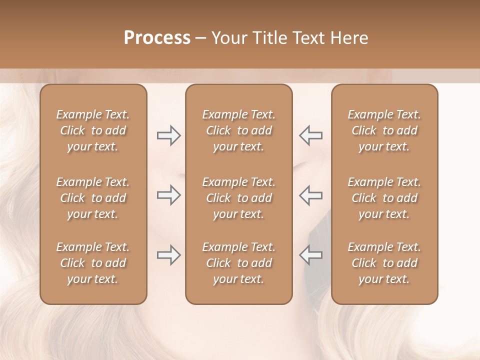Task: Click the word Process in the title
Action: point(157,38)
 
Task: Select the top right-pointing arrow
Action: point(168,135)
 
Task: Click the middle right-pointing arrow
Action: point(168,195)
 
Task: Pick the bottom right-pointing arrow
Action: point(168,255)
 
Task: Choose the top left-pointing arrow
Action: point(310,135)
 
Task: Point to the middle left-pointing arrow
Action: point(310,195)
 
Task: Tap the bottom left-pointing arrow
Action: point(310,255)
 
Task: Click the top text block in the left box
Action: point(93,130)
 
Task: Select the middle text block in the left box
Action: point(93,198)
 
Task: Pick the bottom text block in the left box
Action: point(93,263)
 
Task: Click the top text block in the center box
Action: point(238,130)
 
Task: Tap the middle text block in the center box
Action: point(238,198)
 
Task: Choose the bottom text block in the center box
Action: point(238,263)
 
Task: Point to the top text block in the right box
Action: point(384,130)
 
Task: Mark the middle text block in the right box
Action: point(384,198)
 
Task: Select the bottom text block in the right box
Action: point(384,263)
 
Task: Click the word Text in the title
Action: point(307,38)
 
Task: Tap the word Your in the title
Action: point(227,38)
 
